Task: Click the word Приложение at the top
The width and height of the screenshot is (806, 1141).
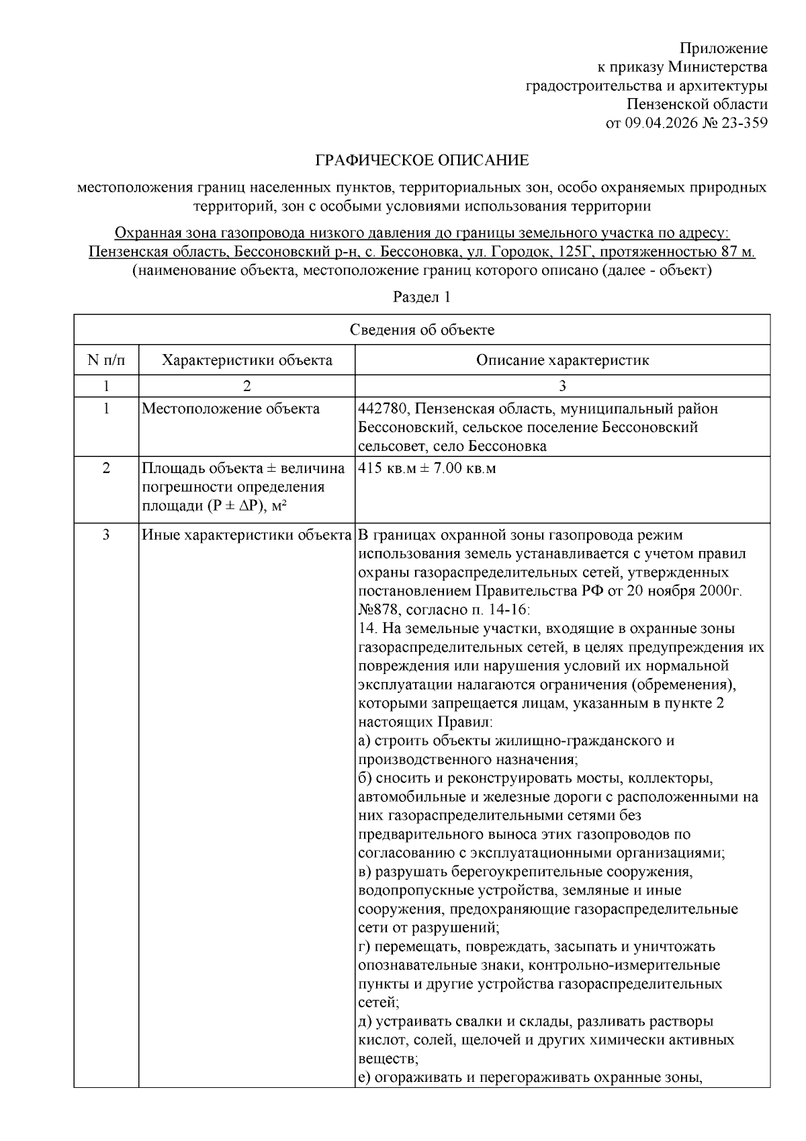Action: [723, 48]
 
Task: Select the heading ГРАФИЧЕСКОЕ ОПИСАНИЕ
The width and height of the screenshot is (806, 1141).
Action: [422, 161]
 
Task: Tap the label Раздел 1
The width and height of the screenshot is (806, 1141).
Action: [421, 297]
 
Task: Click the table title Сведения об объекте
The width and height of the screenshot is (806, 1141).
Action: [422, 330]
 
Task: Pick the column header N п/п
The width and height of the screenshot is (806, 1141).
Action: [106, 360]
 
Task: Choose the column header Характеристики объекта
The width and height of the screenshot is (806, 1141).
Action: [247, 360]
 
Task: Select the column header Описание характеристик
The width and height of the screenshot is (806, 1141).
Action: [562, 360]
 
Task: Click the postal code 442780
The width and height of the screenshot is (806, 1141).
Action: [381, 409]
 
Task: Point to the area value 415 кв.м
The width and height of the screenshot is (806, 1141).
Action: [388, 468]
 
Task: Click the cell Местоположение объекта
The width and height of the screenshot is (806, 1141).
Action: [230, 409]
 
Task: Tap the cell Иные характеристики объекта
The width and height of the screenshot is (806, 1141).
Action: [247, 536]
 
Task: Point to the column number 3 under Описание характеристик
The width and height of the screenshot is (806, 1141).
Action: [562, 386]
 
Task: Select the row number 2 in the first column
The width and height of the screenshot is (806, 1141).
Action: [106, 468]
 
